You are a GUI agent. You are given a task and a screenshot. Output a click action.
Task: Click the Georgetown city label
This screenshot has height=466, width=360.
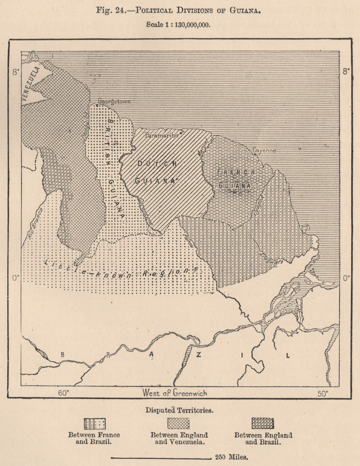pos(114,101)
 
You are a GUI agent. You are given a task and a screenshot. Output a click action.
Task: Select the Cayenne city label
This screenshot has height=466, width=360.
pos(264,151)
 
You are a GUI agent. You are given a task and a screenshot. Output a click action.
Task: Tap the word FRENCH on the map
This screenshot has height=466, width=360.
pos(237,172)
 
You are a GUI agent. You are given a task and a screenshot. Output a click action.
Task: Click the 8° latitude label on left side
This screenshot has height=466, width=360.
pos(16,72)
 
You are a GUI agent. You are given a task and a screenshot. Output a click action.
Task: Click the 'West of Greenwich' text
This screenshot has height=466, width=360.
pos(175,393)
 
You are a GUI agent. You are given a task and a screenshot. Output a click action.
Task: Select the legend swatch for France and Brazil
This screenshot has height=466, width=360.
pos(95,423)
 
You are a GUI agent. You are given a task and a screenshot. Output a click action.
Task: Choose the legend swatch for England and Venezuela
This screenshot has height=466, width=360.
pos(178,423)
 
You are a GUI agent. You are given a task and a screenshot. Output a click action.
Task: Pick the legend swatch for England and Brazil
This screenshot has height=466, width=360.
pos(263,423)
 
